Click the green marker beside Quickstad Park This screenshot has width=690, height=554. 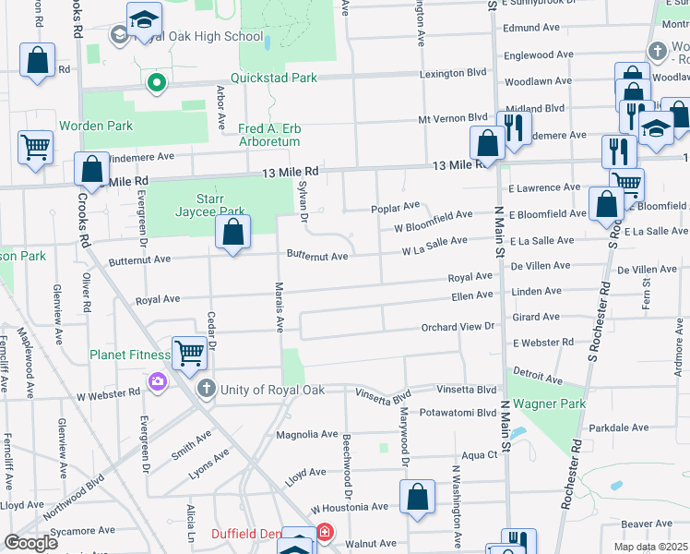pyautogui.click(x=157, y=84)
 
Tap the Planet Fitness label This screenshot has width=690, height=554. pyautogui.click(x=129, y=355)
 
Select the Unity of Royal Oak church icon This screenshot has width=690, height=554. pyautogui.click(x=205, y=388)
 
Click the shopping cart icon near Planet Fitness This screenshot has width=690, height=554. pyautogui.click(x=188, y=352)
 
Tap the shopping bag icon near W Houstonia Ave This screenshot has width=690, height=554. pyautogui.click(x=418, y=496)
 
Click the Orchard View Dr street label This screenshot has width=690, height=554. pyautogui.click(x=458, y=326)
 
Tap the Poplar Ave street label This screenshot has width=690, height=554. pyautogui.click(x=396, y=206)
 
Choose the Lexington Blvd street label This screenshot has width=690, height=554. pyautogui.click(x=453, y=71)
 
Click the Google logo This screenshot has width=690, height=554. pyautogui.click(x=30, y=543)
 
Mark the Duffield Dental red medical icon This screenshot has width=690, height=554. pyautogui.click(x=324, y=533)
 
